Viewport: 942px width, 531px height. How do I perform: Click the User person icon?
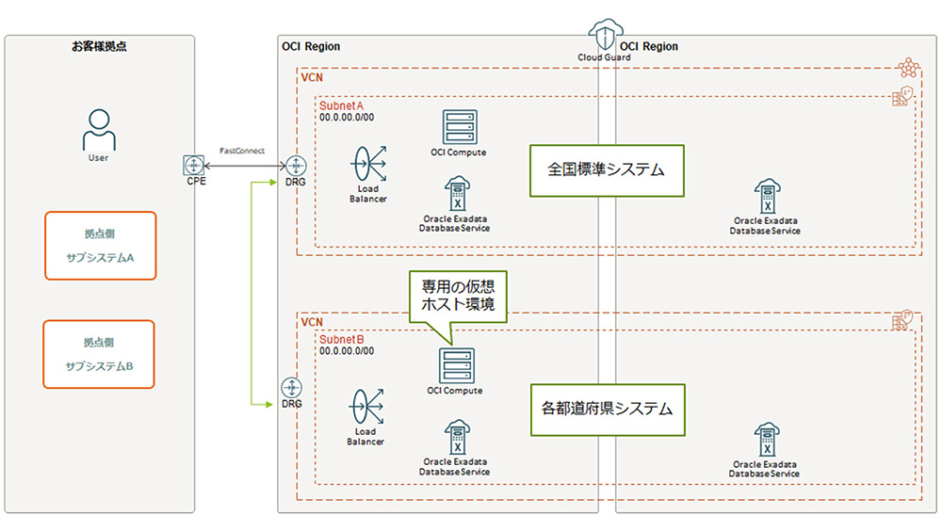tap(98, 129)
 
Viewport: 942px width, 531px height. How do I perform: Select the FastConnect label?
tap(242, 151)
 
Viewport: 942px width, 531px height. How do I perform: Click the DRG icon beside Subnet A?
tap(294, 165)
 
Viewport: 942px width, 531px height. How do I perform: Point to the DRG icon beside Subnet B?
tap(292, 388)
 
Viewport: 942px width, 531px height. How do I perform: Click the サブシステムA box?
tap(99, 246)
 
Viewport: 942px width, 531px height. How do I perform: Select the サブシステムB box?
tap(99, 353)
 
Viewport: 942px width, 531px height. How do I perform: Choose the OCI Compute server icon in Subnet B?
tap(456, 365)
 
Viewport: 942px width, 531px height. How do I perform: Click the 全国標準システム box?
tap(606, 170)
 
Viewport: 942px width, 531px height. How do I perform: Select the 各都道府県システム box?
tap(606, 410)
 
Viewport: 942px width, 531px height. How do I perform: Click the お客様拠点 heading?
tap(98, 46)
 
